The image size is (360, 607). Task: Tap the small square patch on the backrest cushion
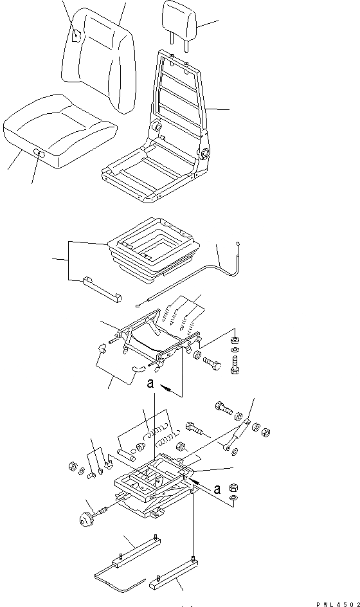[x=76, y=36]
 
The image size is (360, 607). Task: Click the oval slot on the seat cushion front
[x=39, y=152]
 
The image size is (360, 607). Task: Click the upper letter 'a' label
[x=149, y=384]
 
